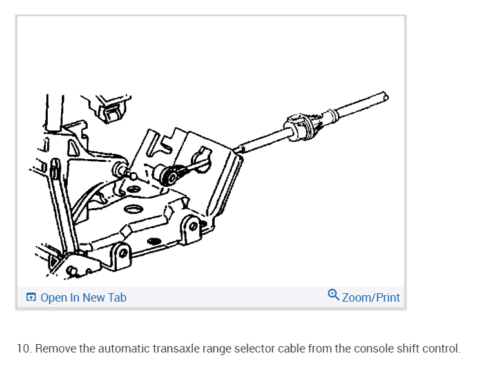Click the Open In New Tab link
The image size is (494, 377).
(83, 298)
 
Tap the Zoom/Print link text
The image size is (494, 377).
(371, 298)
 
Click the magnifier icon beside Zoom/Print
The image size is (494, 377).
(333, 296)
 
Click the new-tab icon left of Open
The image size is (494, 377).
(31, 298)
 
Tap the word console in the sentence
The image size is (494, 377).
(371, 349)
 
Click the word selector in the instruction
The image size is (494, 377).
(255, 349)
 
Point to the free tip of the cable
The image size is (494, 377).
(384, 96)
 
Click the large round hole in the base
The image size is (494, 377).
(134, 210)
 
